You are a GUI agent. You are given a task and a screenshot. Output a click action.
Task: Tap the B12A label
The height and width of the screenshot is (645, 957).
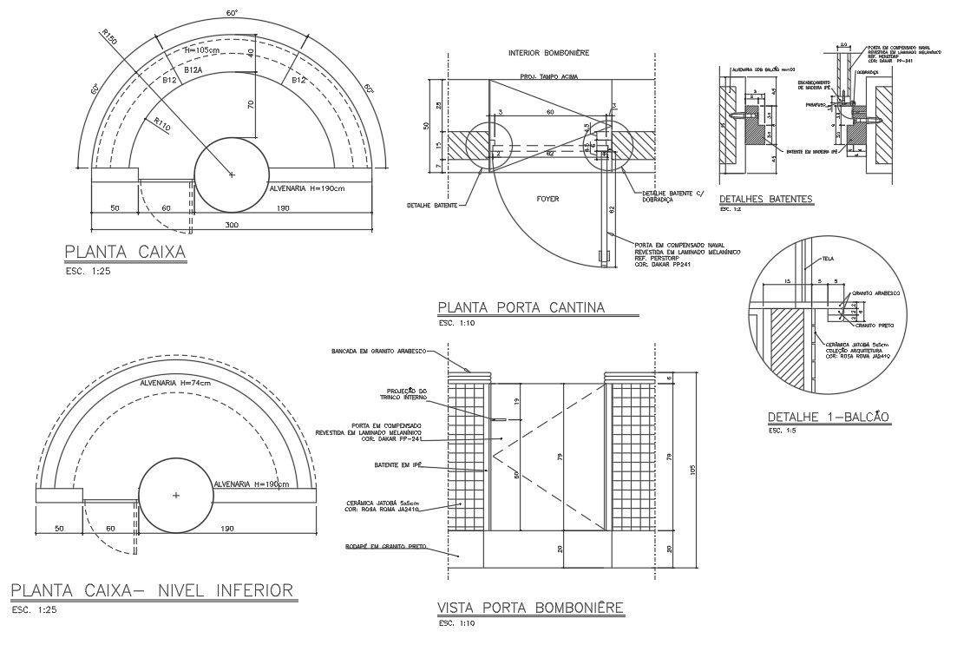click(x=193, y=69)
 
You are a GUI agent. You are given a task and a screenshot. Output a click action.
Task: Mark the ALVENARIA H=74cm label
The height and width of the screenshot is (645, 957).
click(x=175, y=382)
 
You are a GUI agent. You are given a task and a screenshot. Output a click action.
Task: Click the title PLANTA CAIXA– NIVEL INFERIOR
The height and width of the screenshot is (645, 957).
click(x=152, y=591)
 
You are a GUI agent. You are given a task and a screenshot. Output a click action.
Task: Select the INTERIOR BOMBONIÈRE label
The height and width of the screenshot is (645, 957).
click(x=548, y=53)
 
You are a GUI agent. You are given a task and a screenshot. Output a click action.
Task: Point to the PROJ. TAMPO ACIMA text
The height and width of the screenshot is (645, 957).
click(x=550, y=76)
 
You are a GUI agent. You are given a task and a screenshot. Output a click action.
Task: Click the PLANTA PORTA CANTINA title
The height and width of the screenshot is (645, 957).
click(x=521, y=307)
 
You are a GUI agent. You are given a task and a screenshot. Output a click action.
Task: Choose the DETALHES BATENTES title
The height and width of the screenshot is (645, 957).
click(x=766, y=200)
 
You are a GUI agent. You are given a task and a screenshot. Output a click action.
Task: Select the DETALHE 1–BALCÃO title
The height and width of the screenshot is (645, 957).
click(x=829, y=417)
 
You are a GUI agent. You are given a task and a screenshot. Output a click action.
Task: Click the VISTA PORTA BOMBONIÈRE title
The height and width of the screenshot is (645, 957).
click(x=530, y=608)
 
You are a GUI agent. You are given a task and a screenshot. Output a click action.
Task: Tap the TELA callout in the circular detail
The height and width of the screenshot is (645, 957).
click(x=828, y=258)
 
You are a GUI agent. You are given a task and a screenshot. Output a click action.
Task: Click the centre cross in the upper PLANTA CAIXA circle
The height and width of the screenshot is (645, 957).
click(x=231, y=174)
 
